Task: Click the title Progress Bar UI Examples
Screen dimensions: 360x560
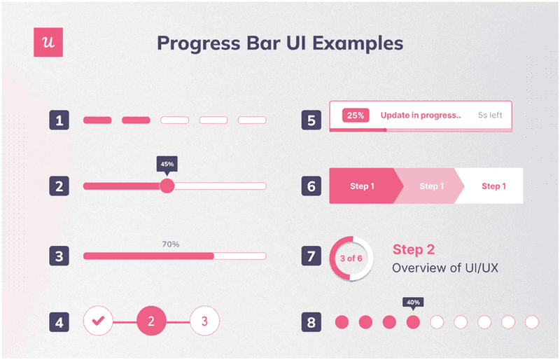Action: point(280,43)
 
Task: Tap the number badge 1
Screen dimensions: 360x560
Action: point(59,120)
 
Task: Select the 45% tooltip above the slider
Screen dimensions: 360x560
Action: point(167,164)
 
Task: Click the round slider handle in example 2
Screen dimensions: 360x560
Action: point(167,186)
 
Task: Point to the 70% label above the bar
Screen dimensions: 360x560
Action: point(171,244)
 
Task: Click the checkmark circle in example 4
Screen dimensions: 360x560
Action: point(98,321)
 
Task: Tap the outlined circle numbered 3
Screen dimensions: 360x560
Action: point(204,321)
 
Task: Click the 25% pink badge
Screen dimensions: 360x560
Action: point(356,116)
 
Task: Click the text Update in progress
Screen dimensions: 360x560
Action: point(421,116)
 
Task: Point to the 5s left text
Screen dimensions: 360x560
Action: point(490,116)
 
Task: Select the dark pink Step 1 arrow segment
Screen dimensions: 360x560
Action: point(363,186)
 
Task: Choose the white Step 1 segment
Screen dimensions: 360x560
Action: point(494,186)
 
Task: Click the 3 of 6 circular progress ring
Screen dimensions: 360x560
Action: point(351,258)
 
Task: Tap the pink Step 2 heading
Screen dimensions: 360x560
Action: point(414,249)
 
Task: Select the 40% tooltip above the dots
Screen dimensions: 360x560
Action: point(413,303)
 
